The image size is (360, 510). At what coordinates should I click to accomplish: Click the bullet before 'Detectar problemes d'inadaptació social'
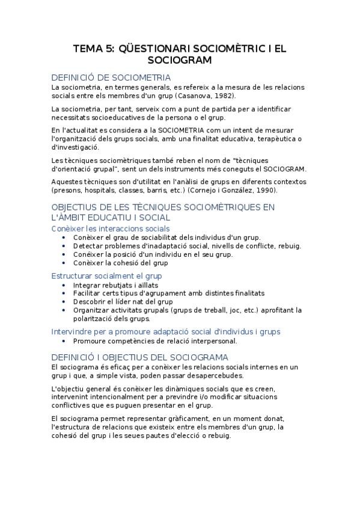tap(65, 245)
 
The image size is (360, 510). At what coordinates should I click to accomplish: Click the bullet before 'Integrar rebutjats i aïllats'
tap(65, 284)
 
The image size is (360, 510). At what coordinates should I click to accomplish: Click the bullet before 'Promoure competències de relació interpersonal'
tap(65, 340)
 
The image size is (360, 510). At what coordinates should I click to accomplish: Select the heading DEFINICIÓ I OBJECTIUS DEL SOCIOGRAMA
tap(139, 357)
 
